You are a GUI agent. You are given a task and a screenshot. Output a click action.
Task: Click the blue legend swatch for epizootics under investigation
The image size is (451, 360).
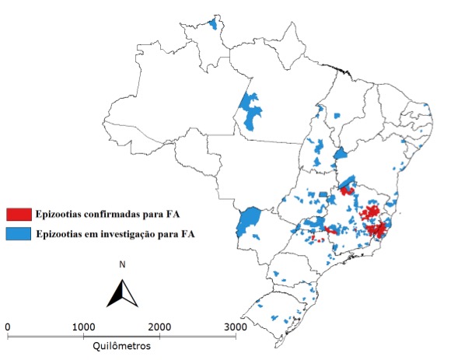tap(18, 232)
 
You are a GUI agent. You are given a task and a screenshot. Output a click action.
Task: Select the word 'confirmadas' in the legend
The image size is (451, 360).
tap(110, 213)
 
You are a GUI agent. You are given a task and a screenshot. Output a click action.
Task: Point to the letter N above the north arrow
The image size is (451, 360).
tap(122, 265)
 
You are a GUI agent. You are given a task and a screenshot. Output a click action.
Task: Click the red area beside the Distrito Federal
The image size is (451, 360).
tap(347, 190)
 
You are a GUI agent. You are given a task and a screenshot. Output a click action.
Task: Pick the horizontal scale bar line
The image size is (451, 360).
tap(122, 336)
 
